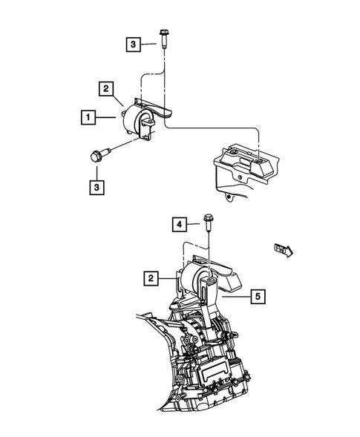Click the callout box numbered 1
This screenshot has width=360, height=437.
[88, 117]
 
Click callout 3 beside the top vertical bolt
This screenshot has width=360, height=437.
[131, 45]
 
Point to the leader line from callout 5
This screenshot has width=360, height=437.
[236, 297]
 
